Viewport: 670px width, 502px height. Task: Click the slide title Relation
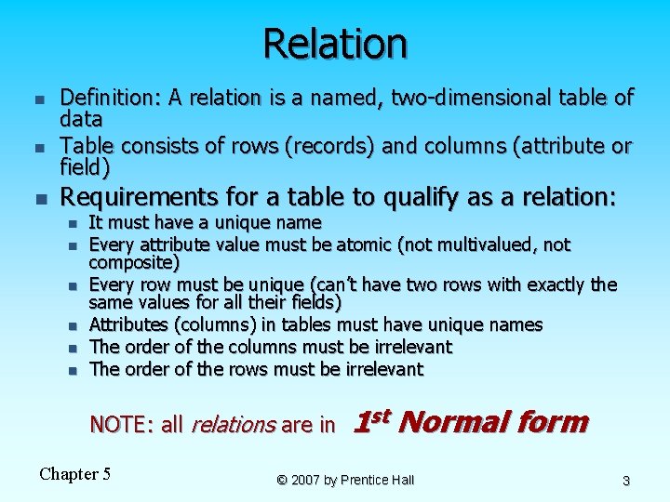tap(334, 44)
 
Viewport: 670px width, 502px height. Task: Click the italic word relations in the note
tap(232, 425)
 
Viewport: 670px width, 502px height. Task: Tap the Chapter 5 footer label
tap(75, 474)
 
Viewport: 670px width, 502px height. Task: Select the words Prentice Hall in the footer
tap(380, 480)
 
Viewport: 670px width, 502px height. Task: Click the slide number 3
tap(626, 481)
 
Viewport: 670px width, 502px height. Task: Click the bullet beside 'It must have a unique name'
tap(71, 223)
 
